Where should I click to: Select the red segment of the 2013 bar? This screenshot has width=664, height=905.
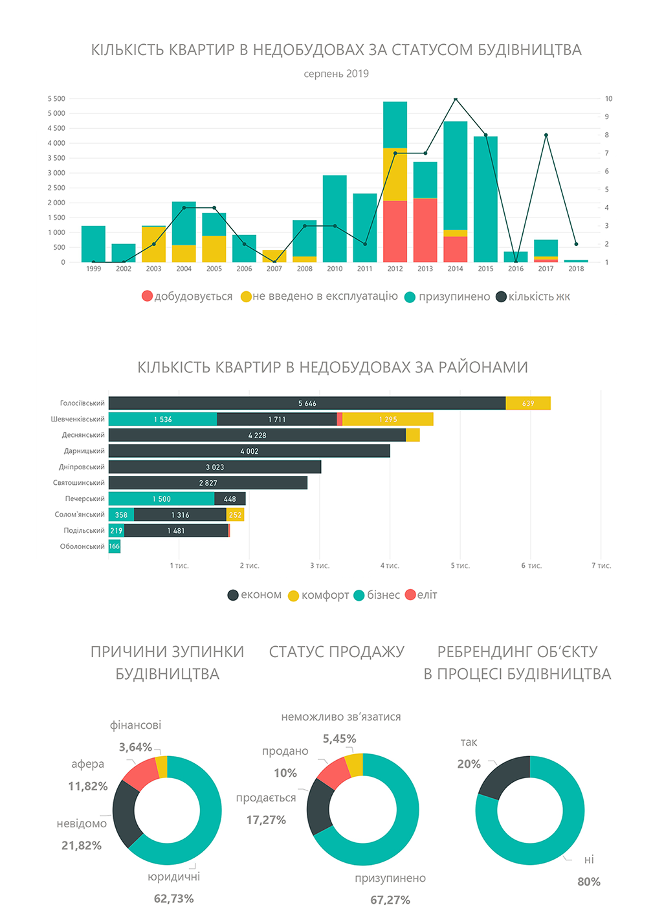tap(425, 230)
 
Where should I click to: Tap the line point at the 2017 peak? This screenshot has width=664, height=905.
tap(546, 135)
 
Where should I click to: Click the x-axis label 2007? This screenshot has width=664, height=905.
tap(274, 269)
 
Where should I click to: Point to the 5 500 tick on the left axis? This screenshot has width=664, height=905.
tap(56, 99)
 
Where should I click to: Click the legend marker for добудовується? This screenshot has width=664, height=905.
tap(147, 296)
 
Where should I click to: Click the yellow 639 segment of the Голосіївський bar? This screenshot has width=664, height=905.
tap(528, 403)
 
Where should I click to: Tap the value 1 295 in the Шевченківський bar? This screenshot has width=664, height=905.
tap(388, 419)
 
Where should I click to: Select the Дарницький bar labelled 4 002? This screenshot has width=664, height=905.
tap(249, 451)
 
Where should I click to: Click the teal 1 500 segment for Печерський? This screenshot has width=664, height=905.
tap(161, 499)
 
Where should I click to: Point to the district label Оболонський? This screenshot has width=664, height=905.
tap(82, 546)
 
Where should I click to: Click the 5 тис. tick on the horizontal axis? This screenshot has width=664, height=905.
tap(460, 566)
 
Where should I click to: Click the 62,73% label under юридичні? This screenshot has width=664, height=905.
tap(173, 898)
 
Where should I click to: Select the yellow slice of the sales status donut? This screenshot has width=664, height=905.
tap(355, 765)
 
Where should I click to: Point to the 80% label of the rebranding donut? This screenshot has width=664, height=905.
tap(589, 882)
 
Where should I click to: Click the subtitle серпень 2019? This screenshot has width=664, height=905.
tap(336, 74)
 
